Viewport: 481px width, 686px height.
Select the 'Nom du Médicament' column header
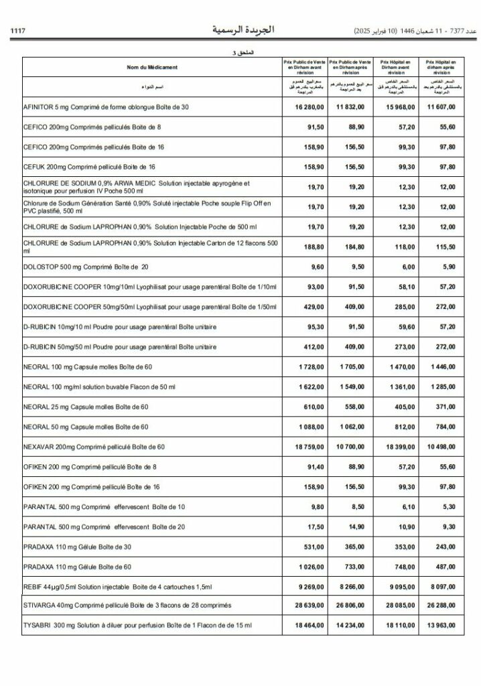pyautogui.click(x=152, y=67)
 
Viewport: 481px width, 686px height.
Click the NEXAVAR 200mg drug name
pyautogui.click(x=94, y=446)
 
